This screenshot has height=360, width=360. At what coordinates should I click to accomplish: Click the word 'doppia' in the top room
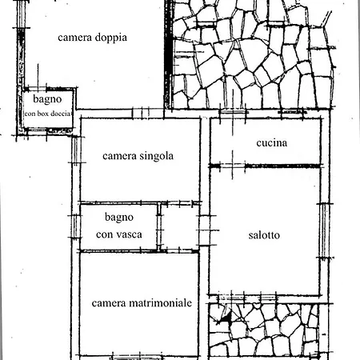point(110,38)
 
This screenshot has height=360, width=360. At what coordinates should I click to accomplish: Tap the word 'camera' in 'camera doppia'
point(75,38)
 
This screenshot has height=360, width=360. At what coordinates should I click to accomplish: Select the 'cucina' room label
point(272,143)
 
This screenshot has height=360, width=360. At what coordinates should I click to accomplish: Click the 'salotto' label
point(264,235)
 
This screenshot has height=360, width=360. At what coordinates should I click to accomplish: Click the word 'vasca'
point(130,234)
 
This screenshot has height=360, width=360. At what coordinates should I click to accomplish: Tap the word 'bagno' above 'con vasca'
point(119,218)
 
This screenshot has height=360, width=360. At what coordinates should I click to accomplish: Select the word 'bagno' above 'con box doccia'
point(47,99)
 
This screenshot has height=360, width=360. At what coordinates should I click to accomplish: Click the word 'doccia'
point(60,114)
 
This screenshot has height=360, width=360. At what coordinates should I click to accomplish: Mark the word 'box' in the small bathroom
point(42,114)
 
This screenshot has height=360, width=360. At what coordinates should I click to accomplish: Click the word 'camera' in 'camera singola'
point(119,156)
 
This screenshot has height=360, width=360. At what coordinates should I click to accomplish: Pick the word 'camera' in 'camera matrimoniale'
point(109,303)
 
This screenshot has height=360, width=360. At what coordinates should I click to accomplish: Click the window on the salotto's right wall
point(323,230)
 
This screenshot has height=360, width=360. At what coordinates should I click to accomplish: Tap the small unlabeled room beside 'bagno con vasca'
point(179,227)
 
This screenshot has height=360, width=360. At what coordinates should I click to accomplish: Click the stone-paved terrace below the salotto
point(264,330)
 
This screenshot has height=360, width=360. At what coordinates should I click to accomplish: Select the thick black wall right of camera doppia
point(167,54)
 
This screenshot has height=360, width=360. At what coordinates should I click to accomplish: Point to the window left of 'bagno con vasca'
point(75,226)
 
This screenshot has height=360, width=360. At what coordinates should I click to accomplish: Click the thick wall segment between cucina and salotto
point(282,166)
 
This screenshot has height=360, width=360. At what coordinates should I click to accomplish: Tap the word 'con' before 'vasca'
point(105,235)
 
